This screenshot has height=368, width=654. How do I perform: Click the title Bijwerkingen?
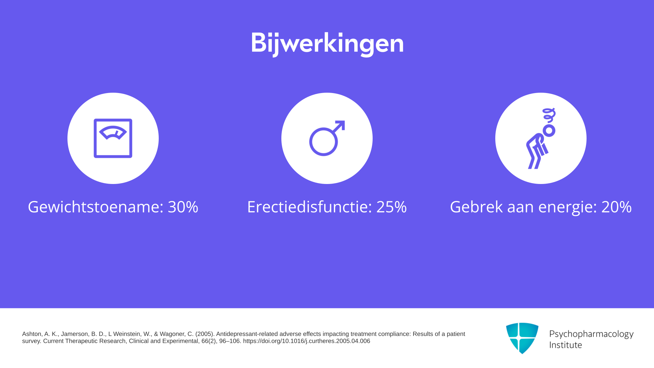[x=327, y=44]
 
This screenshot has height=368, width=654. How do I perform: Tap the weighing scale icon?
[x=113, y=138]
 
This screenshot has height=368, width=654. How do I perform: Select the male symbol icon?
[x=327, y=138]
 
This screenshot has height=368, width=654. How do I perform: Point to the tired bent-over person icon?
[x=541, y=138]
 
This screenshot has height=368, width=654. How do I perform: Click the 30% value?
[x=183, y=207]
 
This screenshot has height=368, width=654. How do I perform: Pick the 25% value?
[x=391, y=207]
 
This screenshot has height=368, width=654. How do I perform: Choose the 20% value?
[x=617, y=207]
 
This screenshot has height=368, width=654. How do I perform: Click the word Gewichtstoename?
[x=94, y=207]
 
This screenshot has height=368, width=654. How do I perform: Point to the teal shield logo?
[x=522, y=338]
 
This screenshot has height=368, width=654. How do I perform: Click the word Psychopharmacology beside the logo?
[x=591, y=334]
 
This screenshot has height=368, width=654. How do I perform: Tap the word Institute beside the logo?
[x=566, y=345]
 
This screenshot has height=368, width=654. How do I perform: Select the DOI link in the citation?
[x=307, y=341]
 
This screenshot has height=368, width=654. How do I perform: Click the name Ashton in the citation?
[x=32, y=334]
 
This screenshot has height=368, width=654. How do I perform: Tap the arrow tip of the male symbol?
[x=344, y=121]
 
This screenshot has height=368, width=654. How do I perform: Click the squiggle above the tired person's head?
[x=549, y=116]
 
